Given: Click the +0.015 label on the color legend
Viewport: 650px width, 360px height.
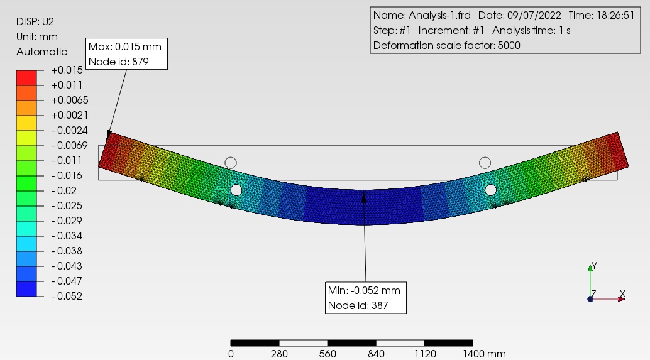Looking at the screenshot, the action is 67,70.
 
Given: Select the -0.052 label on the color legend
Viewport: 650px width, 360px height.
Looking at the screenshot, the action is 67,296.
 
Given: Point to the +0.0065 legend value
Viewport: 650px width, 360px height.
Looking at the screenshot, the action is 70,101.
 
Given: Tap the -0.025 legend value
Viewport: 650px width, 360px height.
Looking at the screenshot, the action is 67,206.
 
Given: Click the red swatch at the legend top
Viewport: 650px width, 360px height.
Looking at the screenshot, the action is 26,78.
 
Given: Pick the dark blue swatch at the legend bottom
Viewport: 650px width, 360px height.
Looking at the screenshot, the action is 26,289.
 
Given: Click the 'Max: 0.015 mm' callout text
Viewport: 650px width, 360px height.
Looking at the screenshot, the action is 124,47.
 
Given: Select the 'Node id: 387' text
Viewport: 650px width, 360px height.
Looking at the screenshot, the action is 358,306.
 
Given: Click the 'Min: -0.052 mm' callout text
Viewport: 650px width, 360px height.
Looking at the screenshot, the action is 364,290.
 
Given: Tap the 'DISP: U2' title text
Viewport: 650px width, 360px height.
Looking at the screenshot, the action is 35,21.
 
